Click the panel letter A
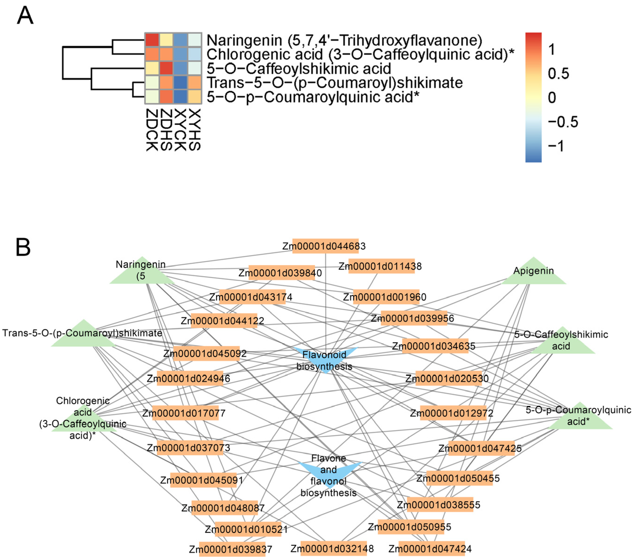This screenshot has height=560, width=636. pyautogui.click(x=25, y=16)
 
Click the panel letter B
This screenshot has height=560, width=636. pyautogui.click(x=23, y=247)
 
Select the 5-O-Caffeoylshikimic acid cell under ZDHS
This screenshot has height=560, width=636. pyautogui.click(x=166, y=68)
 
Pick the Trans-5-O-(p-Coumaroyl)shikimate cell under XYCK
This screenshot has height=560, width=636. pyautogui.click(x=180, y=82)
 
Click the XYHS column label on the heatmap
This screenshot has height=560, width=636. pyautogui.click(x=195, y=130)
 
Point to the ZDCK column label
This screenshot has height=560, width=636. pyautogui.click(x=152, y=130)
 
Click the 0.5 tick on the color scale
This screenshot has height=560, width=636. pyautogui.click(x=559, y=74)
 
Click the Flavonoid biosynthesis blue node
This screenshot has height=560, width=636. pyautogui.click(x=325, y=360)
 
